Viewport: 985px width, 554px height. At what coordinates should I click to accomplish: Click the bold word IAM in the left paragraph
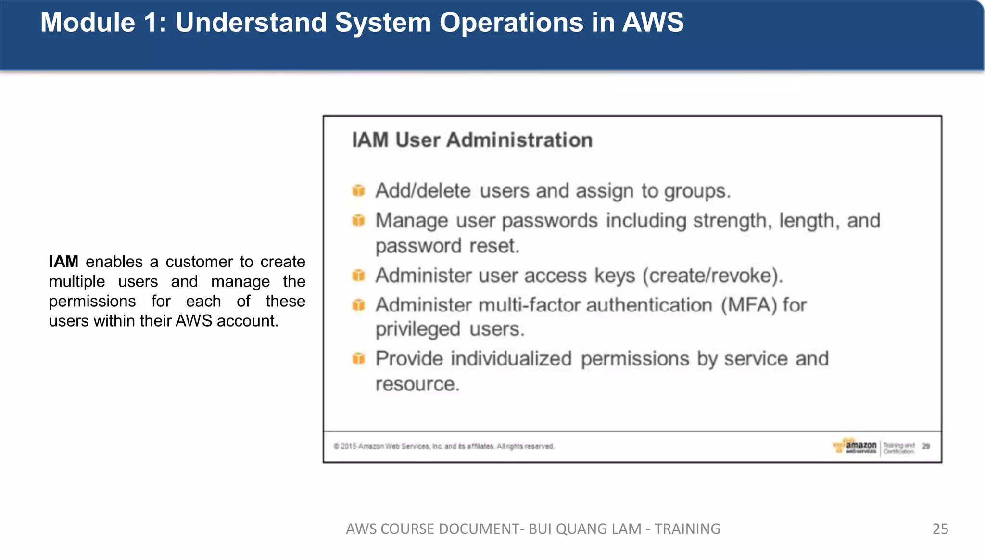pos(63,262)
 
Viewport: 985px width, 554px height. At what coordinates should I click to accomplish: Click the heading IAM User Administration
pos(472,140)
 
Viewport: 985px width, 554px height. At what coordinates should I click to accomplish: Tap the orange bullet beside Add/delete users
pos(358,190)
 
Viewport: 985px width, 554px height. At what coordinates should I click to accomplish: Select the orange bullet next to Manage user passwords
pos(358,220)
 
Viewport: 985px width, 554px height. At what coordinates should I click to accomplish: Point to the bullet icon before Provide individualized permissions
pos(358,358)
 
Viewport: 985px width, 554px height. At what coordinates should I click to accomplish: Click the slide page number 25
pos(940,529)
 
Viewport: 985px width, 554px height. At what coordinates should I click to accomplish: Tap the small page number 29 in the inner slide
pos(926,446)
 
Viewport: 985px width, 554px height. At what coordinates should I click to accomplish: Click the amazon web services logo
pos(856,446)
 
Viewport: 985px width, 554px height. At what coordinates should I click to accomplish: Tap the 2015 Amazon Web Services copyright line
pos(443,446)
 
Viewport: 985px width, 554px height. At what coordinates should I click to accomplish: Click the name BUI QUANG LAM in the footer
pos(584,529)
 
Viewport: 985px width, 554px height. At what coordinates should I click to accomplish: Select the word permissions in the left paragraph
pos(92,302)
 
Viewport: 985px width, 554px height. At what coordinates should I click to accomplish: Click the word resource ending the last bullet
pos(417,384)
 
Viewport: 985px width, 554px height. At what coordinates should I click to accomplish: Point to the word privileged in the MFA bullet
pos(417,329)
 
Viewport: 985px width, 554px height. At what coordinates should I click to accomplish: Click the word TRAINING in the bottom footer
pos(687,529)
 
